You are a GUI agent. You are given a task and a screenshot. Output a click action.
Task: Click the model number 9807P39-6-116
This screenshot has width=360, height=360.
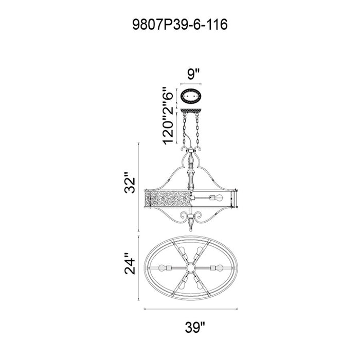coord(180,25)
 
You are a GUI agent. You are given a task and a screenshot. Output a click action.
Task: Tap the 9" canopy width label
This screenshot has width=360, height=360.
coord(193,74)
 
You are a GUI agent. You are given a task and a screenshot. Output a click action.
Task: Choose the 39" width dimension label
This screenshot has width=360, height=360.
coord(195,327)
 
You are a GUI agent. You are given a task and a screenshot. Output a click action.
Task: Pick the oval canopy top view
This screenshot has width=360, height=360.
coord(191,97)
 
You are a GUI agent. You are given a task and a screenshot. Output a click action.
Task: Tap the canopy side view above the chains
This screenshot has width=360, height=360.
coord(191,111)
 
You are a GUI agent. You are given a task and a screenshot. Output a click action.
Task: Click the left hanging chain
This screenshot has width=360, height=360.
coord(184,131)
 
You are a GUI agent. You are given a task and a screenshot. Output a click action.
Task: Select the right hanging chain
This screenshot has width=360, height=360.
coord(197,130)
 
